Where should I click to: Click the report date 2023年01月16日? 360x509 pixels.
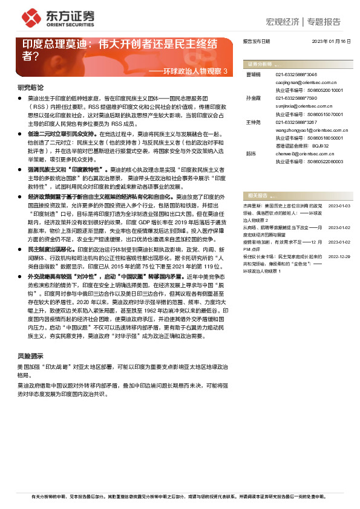coord(331,41)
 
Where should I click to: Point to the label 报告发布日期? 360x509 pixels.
coord(257,41)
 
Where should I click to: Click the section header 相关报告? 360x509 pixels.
coord(257,195)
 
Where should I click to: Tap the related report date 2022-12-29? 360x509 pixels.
coord(339,256)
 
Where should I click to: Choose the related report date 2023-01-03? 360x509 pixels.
coord(339,207)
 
